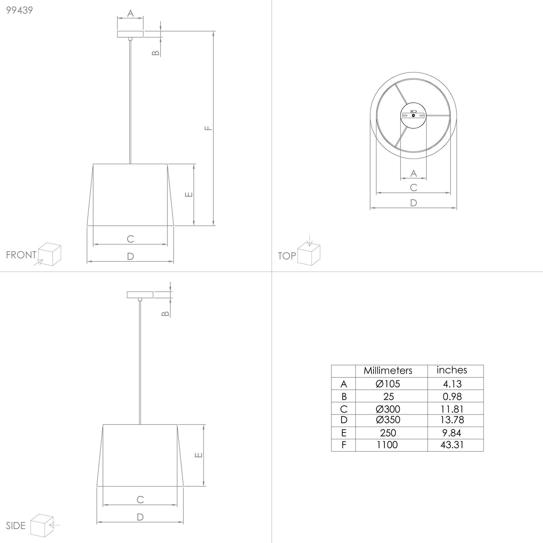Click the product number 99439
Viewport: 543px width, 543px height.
[20, 10]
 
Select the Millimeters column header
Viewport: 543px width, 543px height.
[388, 371]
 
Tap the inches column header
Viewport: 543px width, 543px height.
[452, 370]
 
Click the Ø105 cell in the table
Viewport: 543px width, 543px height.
[388, 384]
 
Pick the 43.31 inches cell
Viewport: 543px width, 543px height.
[452, 445]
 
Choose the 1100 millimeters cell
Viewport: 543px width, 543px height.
[387, 445]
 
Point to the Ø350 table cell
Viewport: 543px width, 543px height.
[388, 420]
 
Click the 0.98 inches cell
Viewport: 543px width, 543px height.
[452, 396]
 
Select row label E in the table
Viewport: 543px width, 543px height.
[343, 433]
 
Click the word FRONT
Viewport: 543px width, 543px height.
[21, 255]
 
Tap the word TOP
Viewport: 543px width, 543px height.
[287, 256]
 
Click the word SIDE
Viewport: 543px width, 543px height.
[16, 525]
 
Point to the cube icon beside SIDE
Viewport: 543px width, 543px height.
[42, 525]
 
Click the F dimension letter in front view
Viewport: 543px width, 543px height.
[209, 128]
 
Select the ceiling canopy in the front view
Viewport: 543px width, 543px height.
[130, 34]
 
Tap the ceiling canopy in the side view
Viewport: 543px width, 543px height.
[140, 295]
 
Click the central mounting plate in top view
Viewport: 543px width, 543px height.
[413, 115]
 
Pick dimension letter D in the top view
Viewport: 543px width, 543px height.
[413, 203]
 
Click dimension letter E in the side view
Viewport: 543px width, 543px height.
[199, 455]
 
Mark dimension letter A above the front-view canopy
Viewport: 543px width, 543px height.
[130, 14]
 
